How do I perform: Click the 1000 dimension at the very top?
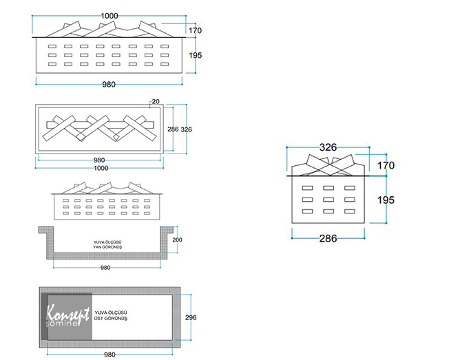tap(109, 15)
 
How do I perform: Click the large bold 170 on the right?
tap(386, 165)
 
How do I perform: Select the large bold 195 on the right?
tap(386, 200)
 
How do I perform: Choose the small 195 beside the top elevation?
tap(195, 54)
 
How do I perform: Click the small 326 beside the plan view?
tap(187, 129)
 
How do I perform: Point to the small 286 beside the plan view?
tap(173, 129)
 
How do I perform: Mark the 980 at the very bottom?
tap(108, 354)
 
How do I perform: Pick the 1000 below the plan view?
tap(101, 168)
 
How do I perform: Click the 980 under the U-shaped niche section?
tap(105, 267)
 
